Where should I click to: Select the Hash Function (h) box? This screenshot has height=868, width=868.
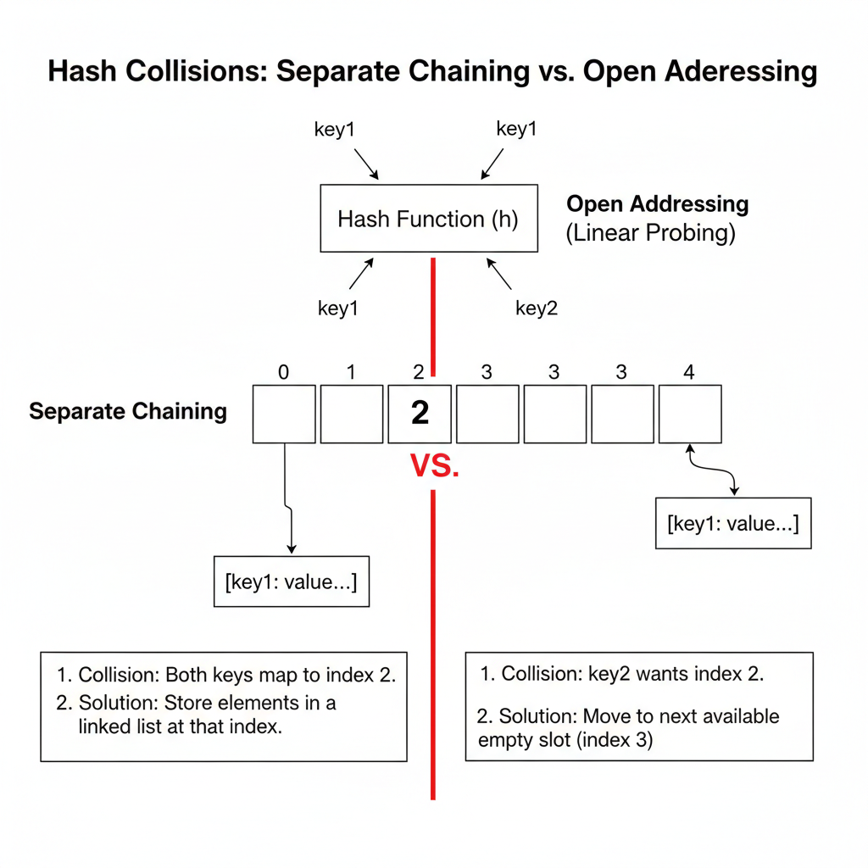(x=429, y=218)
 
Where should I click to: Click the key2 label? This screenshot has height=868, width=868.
(x=537, y=309)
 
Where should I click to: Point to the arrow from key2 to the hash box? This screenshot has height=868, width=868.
(x=499, y=274)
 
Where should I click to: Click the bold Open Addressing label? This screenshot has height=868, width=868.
(x=658, y=204)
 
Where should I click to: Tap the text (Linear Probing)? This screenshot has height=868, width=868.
(x=650, y=232)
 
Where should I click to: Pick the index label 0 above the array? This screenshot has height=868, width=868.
(x=283, y=373)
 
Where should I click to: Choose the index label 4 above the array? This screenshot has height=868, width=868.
(x=688, y=372)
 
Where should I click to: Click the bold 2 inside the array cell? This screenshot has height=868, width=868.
(x=420, y=413)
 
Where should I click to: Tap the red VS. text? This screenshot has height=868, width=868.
(x=435, y=465)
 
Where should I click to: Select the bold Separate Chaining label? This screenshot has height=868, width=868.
(x=128, y=411)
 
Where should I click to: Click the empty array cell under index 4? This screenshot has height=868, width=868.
(x=690, y=414)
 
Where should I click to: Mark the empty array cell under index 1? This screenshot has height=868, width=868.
(x=352, y=414)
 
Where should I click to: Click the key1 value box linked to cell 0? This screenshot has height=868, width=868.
(x=292, y=581)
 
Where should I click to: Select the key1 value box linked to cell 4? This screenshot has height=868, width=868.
(x=733, y=523)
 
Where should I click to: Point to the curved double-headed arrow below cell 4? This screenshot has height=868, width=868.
(x=714, y=470)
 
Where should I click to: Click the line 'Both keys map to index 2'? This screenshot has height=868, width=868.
(x=281, y=675)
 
